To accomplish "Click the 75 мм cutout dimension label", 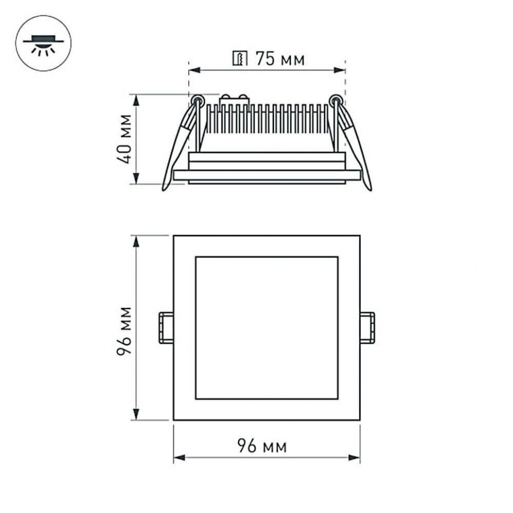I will [x=280, y=59].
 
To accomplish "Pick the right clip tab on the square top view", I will [x=368, y=328].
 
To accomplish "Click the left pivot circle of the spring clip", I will [x=197, y=99].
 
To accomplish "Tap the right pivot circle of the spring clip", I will [x=335, y=99].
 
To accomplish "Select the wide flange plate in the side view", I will [x=267, y=175].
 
